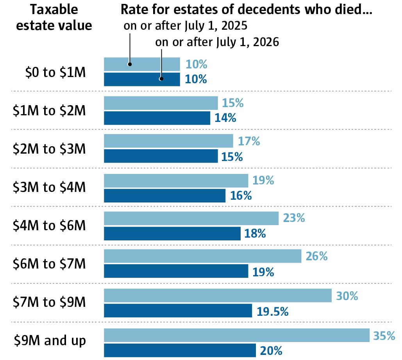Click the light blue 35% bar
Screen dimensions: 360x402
236,335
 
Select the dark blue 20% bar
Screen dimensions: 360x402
180,350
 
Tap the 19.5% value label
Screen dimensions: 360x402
273,312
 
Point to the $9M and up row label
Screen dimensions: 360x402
50,340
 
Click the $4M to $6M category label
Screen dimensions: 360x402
49,226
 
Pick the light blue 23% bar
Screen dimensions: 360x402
191,218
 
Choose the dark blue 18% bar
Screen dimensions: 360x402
172,234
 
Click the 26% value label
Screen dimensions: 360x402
316,256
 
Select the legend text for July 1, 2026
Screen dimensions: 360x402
217,42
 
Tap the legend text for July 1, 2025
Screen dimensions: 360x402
186,27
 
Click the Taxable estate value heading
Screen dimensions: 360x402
54,18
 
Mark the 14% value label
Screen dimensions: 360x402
225,118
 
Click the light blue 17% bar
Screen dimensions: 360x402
168,141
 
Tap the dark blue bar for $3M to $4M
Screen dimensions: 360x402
164,195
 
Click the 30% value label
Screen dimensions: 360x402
347,296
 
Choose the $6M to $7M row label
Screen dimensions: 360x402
49,264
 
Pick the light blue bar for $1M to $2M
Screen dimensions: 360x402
161,103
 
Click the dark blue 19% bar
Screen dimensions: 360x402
176,272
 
